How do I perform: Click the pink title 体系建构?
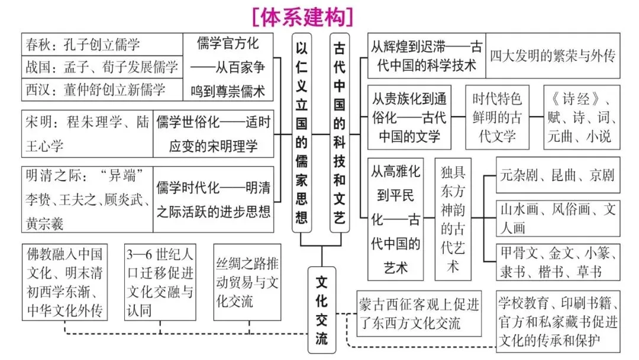pos(302,16)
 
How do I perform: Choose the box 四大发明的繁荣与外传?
pos(553,56)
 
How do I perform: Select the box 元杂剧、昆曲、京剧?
pos(557,175)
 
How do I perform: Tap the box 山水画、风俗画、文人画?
pos(557,218)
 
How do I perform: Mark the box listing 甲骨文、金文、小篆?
pos(557,262)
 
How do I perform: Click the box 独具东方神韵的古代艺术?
pos(453,218)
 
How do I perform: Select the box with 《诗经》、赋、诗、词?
pos(582,118)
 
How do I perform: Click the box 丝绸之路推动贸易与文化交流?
pos(246,282)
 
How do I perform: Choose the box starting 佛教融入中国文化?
pos(65,282)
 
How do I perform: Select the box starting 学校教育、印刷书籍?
pos(558,322)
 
